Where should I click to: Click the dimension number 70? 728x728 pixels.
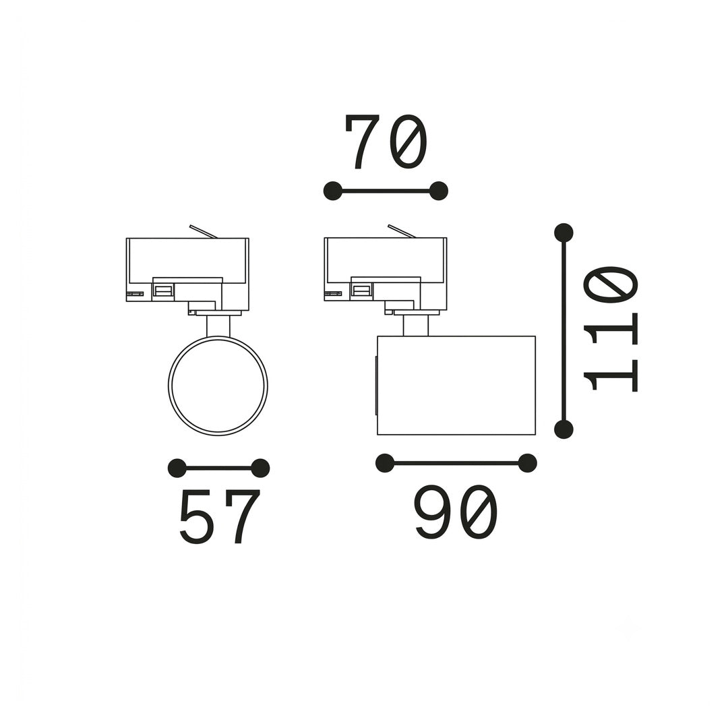(386, 142)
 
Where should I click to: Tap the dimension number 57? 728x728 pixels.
(219, 516)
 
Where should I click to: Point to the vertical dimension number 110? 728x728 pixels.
(611, 329)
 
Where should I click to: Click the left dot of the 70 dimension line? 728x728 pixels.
(332, 191)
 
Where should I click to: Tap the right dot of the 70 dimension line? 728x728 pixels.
(439, 191)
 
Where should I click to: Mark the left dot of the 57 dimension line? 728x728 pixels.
(177, 468)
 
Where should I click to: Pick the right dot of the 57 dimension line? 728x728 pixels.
(260, 468)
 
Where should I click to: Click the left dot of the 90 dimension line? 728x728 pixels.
(384, 463)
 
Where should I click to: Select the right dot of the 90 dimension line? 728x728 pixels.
(527, 463)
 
